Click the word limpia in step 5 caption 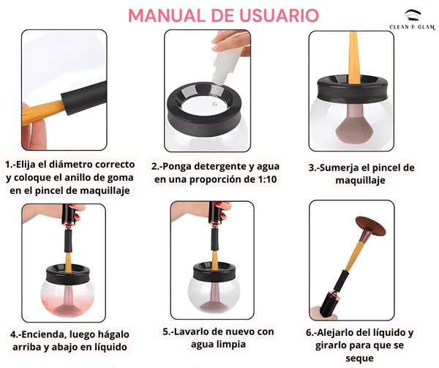[x=232, y=344]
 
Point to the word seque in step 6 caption [x=359, y=358]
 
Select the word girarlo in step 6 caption [x=331, y=345]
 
